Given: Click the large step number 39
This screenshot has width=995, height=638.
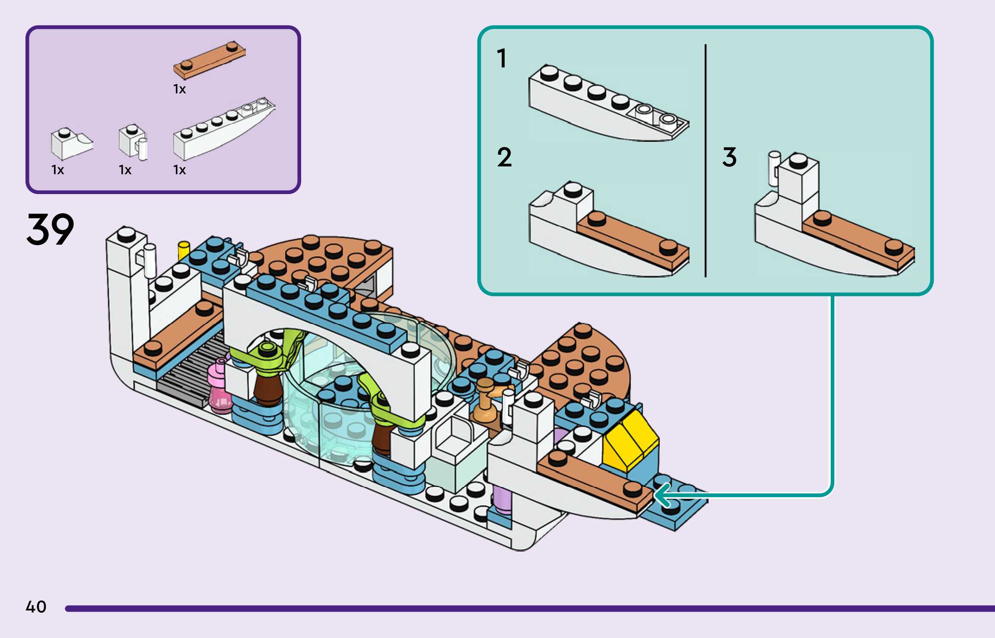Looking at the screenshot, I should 50,229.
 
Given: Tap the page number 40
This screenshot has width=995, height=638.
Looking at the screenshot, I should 36,607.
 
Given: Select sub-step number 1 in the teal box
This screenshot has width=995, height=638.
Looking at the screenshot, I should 501,58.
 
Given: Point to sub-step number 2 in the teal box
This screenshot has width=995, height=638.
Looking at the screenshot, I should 504,157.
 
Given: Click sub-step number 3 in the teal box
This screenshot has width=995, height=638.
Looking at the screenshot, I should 729,157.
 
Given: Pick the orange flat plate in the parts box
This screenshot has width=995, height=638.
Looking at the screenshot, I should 210,61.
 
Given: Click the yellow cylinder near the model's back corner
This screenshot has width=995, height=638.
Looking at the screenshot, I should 184,250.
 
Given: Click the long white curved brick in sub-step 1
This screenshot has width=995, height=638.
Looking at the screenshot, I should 605,108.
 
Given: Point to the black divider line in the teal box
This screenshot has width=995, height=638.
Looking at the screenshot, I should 706,160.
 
